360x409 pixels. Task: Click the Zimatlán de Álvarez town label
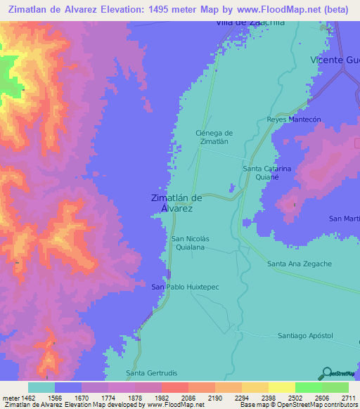pyautogui.click(x=176, y=203)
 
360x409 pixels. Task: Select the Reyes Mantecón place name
pyautogui.click(x=294, y=119)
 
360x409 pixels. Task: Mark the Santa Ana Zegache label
pyautogui.click(x=300, y=264)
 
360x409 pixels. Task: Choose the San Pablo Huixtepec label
pyautogui.click(x=181, y=287)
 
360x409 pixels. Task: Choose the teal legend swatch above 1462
pyautogui.click(x=41, y=387)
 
